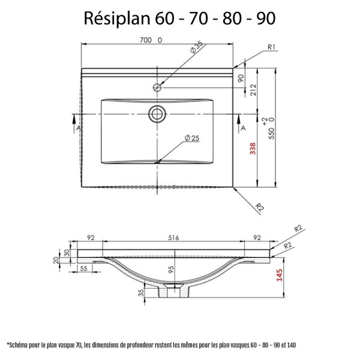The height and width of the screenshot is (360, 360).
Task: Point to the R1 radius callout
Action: [x=271, y=47]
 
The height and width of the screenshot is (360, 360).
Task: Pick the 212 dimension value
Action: [x=253, y=91]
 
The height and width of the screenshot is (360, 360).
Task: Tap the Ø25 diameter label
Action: [x=192, y=138]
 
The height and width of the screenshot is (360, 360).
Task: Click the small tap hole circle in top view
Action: [x=157, y=87]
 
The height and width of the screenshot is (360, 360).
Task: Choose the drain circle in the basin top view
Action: [x=158, y=113]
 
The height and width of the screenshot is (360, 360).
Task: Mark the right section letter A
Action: [x=242, y=128]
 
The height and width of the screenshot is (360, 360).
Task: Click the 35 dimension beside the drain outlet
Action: [x=142, y=293]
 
